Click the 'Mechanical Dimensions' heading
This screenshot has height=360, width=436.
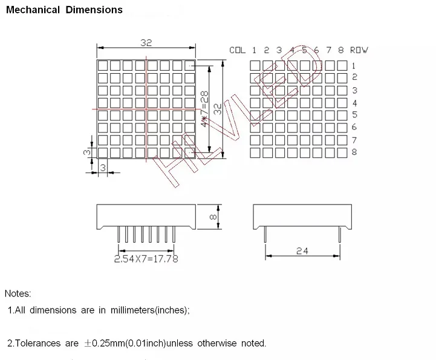[x=64, y=10]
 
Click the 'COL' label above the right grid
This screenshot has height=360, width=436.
[x=237, y=50]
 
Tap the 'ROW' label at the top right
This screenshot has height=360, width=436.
[x=359, y=50]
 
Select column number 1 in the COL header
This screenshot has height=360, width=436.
[x=255, y=50]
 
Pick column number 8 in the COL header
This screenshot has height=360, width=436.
[x=341, y=50]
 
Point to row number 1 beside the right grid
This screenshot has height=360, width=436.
[x=354, y=65]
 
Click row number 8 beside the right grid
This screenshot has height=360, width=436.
[x=354, y=152]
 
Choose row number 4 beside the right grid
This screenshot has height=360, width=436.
[x=354, y=103]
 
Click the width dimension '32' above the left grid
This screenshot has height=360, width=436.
[x=146, y=42]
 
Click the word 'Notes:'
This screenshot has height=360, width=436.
[x=18, y=293]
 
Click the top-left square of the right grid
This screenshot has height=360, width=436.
[x=255, y=65]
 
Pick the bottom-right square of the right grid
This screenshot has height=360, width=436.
[x=342, y=152]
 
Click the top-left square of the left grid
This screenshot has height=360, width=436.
[x=103, y=65]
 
